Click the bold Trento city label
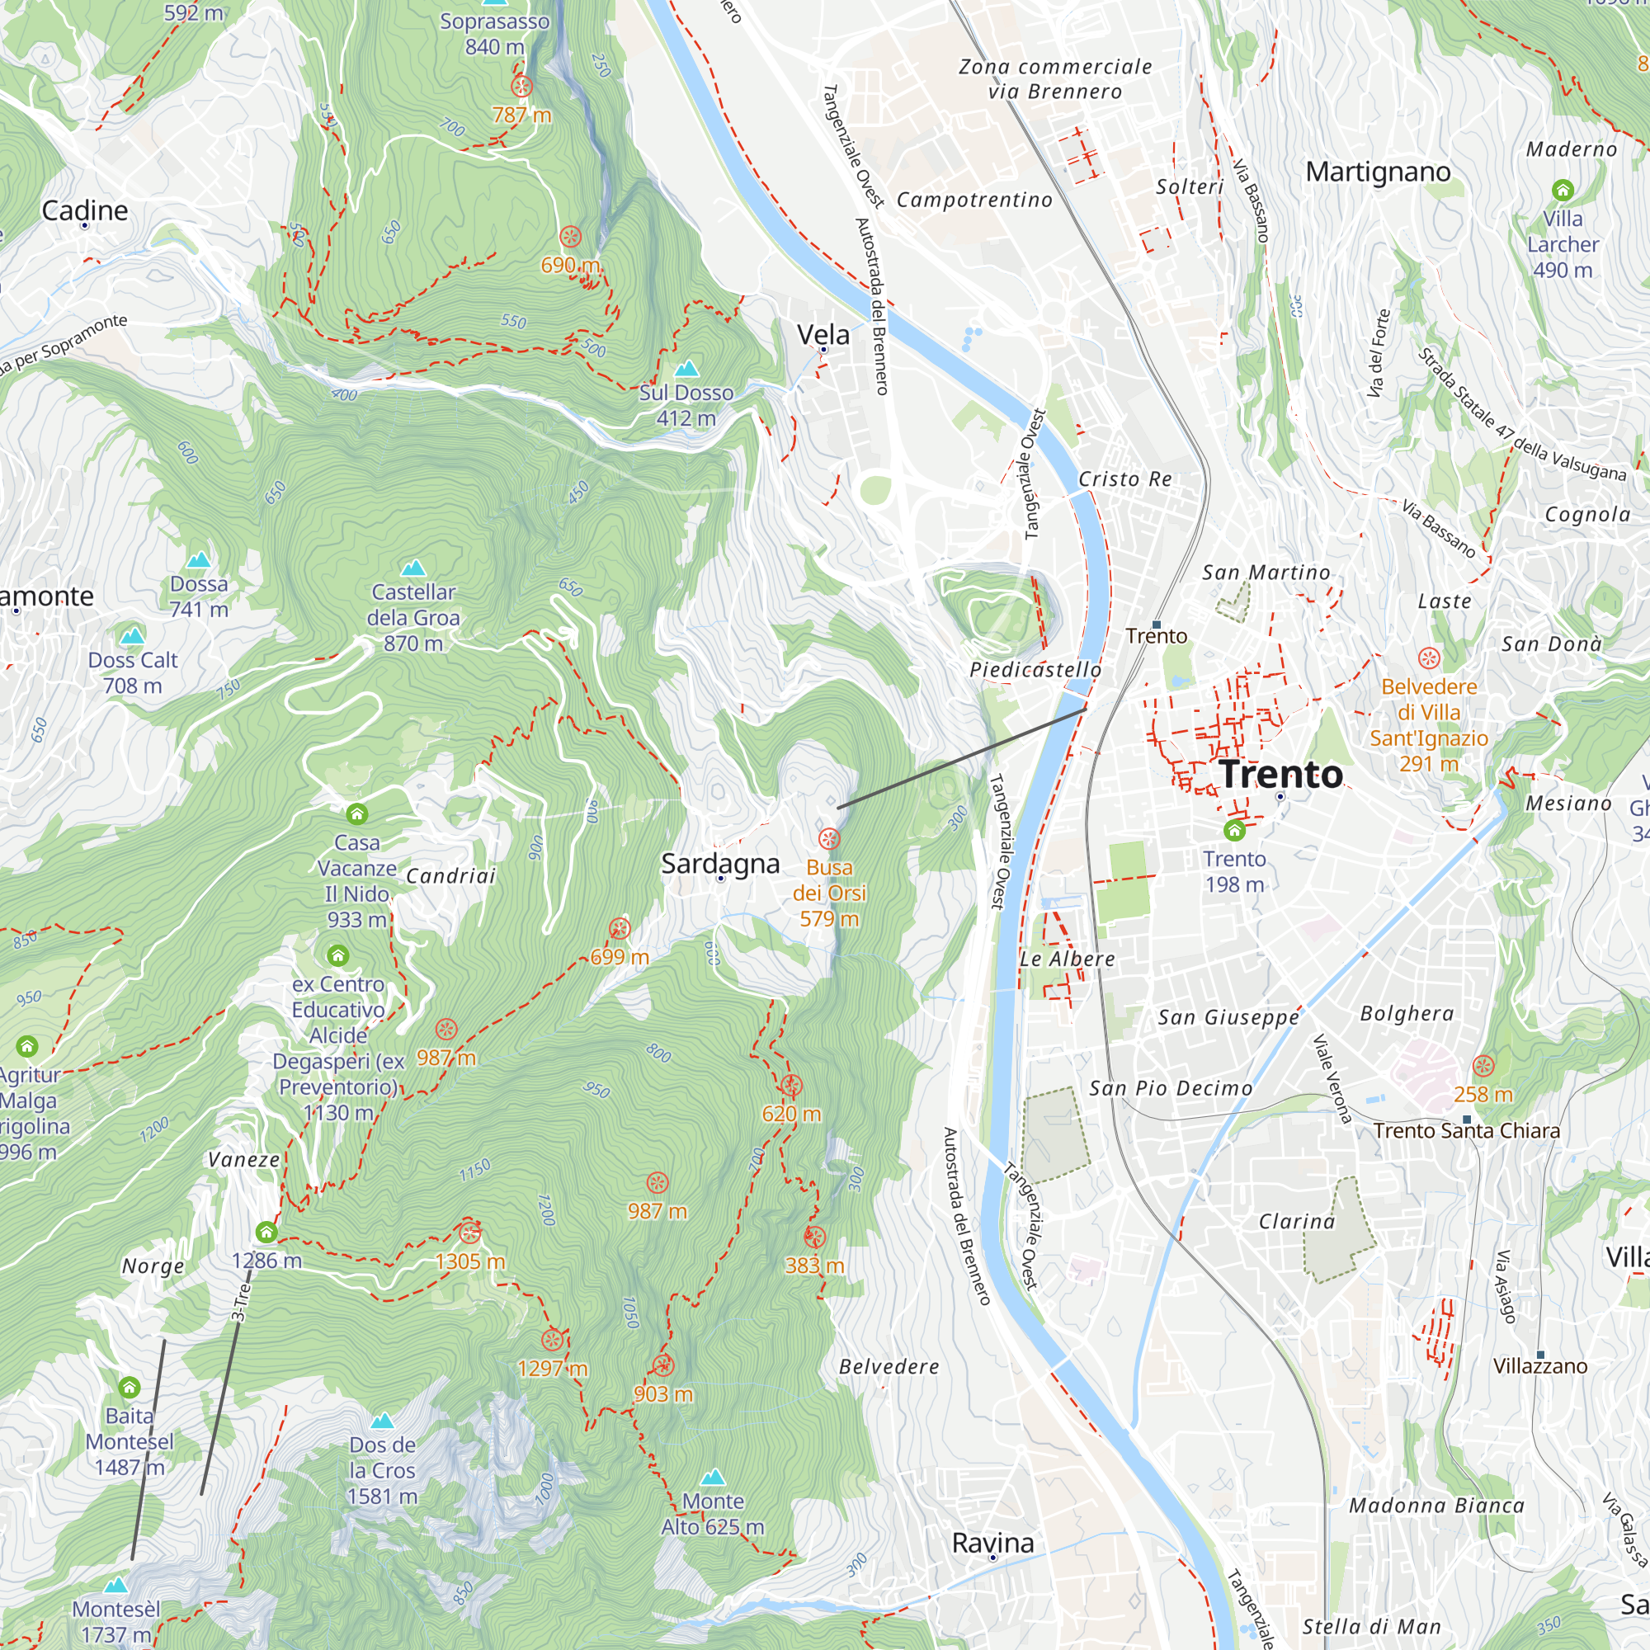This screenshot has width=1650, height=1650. [x=1281, y=774]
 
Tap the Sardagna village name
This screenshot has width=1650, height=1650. [x=720, y=864]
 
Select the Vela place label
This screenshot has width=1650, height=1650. [x=823, y=334]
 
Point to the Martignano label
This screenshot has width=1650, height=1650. [x=1378, y=172]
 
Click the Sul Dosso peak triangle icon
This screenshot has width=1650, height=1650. [x=686, y=369]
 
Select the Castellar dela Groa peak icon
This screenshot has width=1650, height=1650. [x=413, y=568]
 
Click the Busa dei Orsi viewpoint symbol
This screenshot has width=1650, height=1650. [x=828, y=839]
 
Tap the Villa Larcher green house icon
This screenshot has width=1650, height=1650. [x=1562, y=190]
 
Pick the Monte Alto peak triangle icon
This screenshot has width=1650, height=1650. [x=713, y=1478]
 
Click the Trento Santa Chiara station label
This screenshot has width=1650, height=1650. [x=1466, y=1131]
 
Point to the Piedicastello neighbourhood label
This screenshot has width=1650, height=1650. [x=1035, y=670]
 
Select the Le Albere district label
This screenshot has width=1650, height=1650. [x=1067, y=959]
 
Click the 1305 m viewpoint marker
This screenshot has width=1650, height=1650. [x=469, y=1233]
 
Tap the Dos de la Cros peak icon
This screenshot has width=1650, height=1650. [x=382, y=1421]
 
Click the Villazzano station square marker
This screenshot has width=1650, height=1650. [x=1540, y=1355]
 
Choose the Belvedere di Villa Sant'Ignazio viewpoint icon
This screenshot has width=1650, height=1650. [x=1429, y=658]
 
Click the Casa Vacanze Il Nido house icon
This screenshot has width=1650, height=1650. [x=357, y=814]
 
